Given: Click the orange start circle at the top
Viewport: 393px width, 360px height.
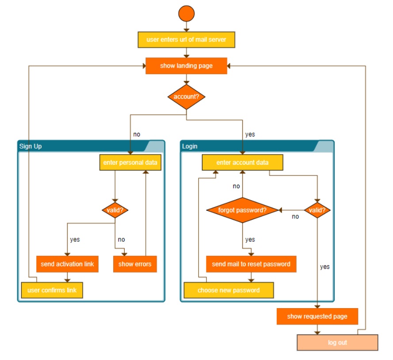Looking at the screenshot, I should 186,13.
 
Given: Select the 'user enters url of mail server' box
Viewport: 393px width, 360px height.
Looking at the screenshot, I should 186,40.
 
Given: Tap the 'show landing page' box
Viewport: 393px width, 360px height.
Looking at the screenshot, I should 186,66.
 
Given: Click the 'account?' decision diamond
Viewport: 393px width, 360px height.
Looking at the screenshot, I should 186,97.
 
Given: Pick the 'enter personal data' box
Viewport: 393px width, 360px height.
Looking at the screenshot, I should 130,163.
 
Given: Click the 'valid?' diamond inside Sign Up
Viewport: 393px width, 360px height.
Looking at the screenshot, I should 115,210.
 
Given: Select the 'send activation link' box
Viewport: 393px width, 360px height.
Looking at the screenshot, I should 67,264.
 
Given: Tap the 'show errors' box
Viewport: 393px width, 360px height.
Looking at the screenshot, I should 135,264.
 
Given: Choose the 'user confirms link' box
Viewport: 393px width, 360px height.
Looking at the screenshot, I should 52,290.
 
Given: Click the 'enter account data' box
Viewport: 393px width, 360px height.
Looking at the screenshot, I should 242,163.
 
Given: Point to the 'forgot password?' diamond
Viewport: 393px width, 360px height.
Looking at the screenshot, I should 242,210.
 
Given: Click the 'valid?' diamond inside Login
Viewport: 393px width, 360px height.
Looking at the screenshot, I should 317,210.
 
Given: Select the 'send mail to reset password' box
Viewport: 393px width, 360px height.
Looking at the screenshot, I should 251,264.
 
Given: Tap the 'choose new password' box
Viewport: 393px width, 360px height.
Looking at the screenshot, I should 229,290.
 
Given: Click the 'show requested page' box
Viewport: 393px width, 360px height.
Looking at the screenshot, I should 317,317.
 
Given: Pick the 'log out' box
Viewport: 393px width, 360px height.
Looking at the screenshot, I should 337,342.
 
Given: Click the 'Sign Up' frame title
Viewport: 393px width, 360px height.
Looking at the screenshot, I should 31,146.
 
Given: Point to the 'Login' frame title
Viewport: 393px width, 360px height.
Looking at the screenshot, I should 190,146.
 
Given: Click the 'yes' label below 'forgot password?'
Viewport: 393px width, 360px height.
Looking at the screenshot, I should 250,240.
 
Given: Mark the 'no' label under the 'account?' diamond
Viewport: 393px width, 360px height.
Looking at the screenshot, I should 137,134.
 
